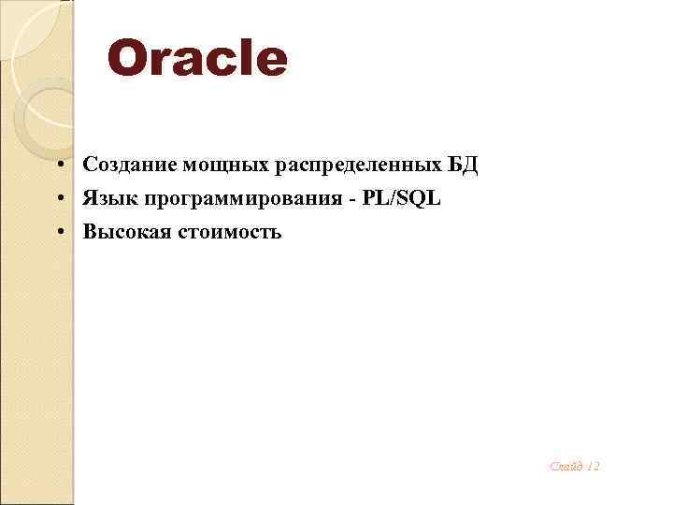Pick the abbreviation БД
point(462,166)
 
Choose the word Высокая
point(122,231)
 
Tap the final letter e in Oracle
point(270,59)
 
